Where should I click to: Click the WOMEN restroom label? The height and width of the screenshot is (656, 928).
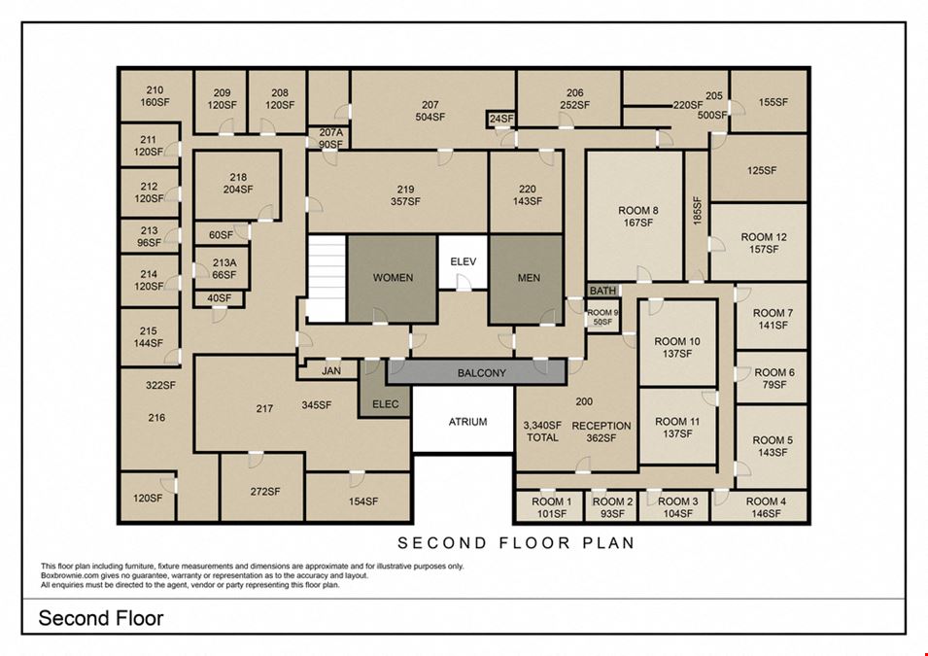point(393,278)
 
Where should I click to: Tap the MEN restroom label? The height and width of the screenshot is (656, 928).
point(529,278)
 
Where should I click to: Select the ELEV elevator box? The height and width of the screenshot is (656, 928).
point(463,262)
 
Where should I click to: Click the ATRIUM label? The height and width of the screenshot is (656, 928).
point(467,422)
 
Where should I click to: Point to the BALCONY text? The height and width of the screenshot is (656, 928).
point(482,373)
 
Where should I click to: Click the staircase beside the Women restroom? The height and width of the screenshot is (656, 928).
point(327,279)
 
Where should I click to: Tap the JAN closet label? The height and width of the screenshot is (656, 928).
point(331,370)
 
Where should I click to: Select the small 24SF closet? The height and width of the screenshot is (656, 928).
point(500,119)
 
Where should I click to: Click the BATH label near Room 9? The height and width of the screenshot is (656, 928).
point(602,291)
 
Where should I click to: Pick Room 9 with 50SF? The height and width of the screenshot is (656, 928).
point(602,317)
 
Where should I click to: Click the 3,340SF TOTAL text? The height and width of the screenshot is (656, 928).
point(542,432)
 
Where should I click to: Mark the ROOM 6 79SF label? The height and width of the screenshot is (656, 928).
point(774,378)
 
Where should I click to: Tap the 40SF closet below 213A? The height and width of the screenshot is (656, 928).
point(220,299)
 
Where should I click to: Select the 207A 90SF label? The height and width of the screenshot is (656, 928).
point(330,139)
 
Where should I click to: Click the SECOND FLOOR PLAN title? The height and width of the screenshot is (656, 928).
point(516,542)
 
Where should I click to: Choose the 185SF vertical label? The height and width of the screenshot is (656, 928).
point(697,210)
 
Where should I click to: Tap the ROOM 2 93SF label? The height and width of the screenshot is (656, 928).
point(612,507)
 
